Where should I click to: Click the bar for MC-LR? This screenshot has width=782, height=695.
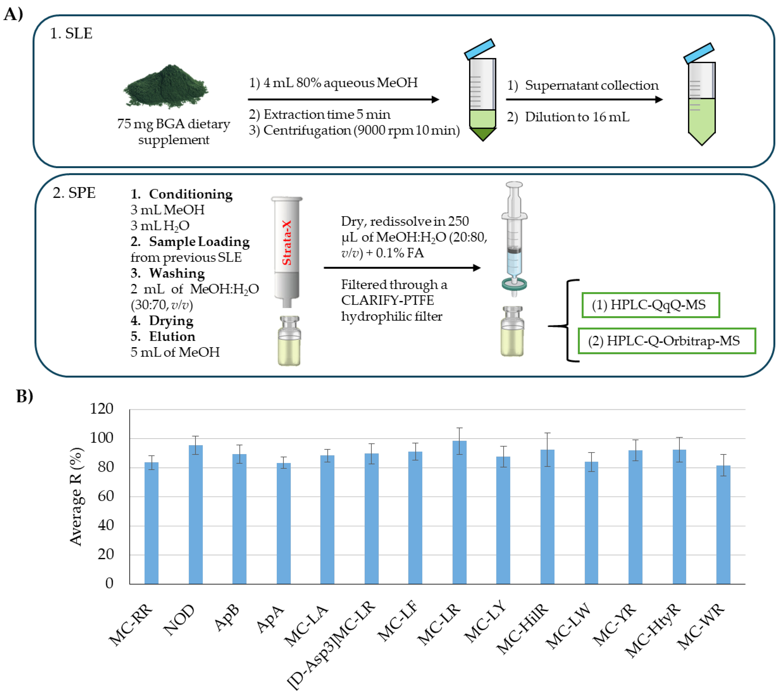459,513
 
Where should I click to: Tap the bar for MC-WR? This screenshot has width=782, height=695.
723,525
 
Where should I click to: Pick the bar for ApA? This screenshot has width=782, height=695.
283,524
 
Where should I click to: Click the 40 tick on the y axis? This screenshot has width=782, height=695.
106,525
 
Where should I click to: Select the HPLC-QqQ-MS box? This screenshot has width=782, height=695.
650,305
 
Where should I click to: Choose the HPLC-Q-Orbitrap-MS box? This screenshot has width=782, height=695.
666,341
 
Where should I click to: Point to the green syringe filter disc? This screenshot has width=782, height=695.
514,284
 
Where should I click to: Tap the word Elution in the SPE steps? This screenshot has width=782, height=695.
172,336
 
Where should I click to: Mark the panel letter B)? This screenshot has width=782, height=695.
25,396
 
